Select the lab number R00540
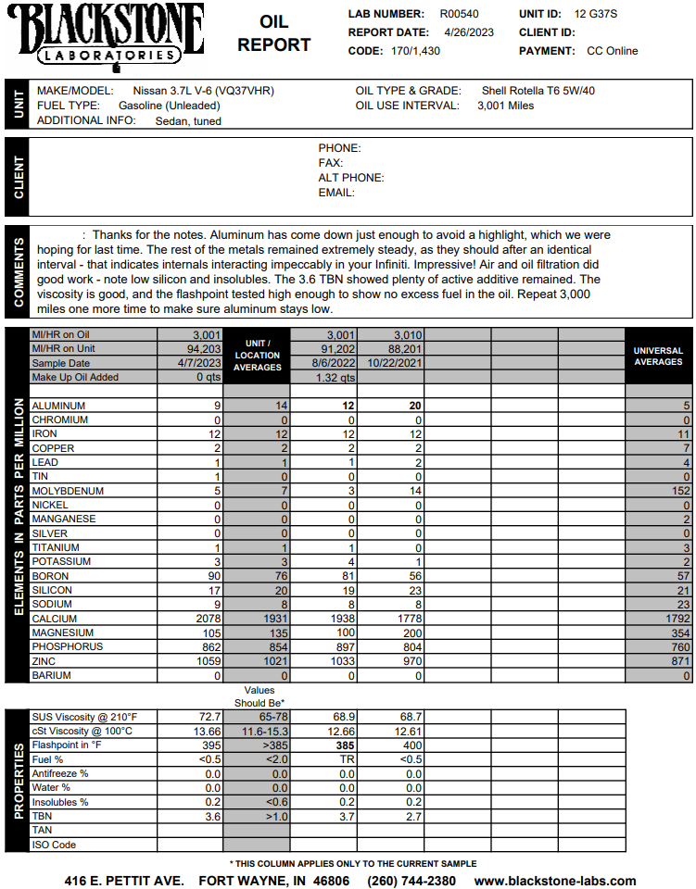(460, 14)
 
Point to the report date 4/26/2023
(469, 32)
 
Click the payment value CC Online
(613, 51)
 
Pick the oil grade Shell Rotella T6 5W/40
(538, 91)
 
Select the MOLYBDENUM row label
(68, 491)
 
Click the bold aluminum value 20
(416, 406)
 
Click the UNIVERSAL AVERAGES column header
(658, 357)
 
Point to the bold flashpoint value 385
(346, 745)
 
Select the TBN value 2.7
(414, 817)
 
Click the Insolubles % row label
(60, 802)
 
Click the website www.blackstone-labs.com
(555, 881)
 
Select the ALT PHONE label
(351, 178)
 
